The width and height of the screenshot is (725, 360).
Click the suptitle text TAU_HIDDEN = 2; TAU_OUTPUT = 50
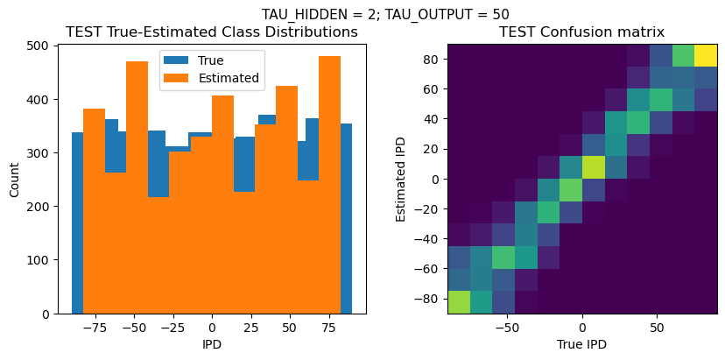[385, 14]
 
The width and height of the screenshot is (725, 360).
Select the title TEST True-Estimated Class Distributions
[212, 32]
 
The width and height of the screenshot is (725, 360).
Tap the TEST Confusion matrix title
[581, 32]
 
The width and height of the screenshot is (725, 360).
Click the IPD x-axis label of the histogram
[212, 344]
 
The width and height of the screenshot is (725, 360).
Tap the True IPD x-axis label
[581, 344]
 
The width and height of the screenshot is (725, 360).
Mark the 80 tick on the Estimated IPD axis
[431, 59]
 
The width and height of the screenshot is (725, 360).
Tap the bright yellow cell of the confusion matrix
[706, 55]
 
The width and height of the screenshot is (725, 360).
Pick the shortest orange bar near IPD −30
[158, 254]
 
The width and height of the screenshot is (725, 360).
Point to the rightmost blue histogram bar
[347, 219]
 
